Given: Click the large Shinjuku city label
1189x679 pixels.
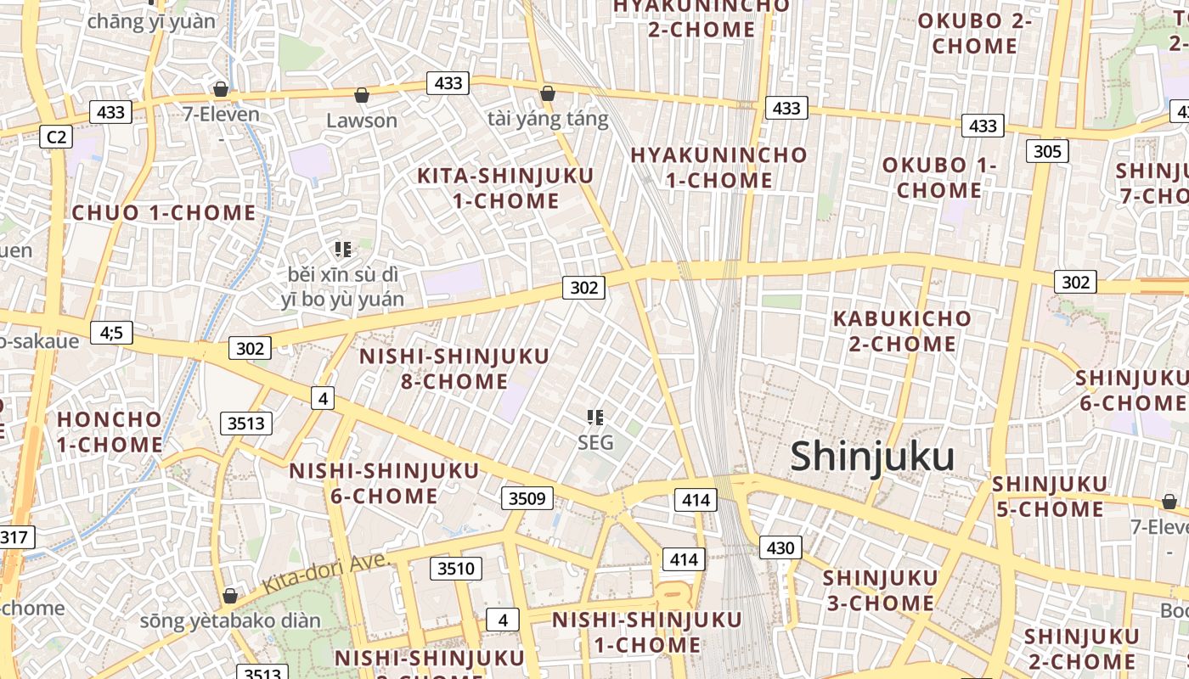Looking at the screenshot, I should (x=872, y=457).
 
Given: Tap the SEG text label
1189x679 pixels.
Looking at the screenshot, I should (x=595, y=442).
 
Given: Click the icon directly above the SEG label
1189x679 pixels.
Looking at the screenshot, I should (x=595, y=417).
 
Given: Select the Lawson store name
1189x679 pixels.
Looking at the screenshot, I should (x=362, y=121).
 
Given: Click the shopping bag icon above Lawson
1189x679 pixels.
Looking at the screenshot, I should (x=362, y=94).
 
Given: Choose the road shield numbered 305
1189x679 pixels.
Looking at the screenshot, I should (x=1047, y=151).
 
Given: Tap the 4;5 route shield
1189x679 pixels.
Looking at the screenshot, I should (x=111, y=332).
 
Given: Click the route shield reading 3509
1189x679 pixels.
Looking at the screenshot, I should (x=527, y=498).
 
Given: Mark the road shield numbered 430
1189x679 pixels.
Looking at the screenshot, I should (x=780, y=547).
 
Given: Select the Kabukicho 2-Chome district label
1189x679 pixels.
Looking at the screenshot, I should (x=902, y=331).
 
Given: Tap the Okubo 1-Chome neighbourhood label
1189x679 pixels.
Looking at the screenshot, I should (x=938, y=177).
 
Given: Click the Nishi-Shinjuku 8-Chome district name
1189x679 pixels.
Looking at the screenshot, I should (x=454, y=368).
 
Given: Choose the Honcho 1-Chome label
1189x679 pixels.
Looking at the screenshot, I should (x=110, y=431).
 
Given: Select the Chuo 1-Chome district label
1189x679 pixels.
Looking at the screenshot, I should (x=164, y=212).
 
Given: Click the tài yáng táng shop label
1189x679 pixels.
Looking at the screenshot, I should (x=549, y=119).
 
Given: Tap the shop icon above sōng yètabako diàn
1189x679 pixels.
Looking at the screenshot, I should (x=229, y=595).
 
